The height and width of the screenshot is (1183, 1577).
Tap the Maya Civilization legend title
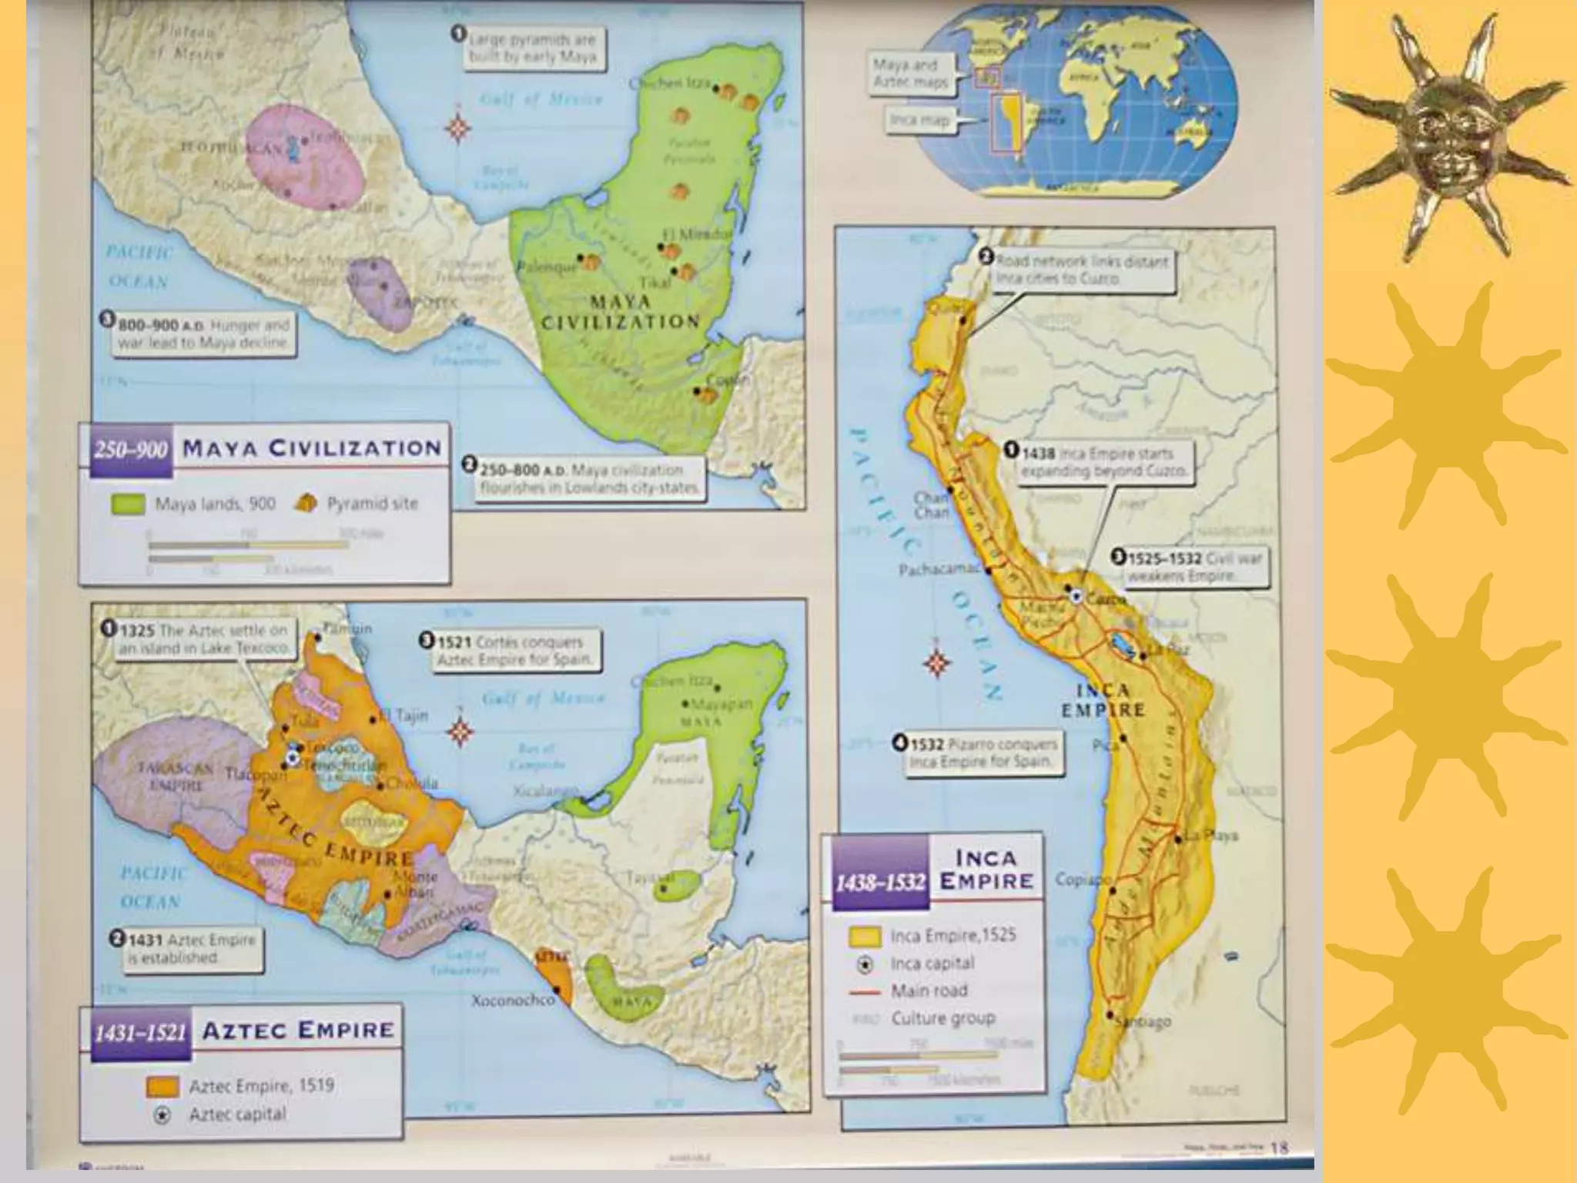(312, 448)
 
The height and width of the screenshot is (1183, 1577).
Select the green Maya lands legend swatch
(129, 504)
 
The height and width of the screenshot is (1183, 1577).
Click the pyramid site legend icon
(306, 504)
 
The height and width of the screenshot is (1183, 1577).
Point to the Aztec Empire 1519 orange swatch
(162, 1086)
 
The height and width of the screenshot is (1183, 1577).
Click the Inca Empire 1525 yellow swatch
(864, 937)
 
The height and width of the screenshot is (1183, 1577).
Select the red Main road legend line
(864, 992)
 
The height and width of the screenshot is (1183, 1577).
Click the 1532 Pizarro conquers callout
(978, 752)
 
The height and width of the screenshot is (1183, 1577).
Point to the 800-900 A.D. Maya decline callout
(199, 333)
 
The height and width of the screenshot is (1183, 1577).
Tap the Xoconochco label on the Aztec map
(513, 1000)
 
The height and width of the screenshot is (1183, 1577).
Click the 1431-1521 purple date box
(139, 1032)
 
